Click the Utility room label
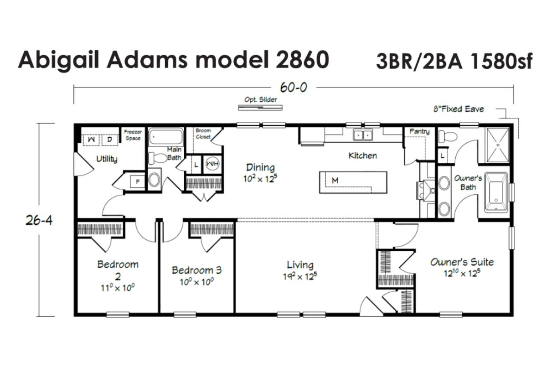[x=107, y=159]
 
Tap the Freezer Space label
[x=133, y=135]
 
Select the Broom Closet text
[x=203, y=134]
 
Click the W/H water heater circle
[x=212, y=163]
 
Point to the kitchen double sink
[x=363, y=135]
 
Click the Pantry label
[x=419, y=131]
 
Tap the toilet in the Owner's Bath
[x=448, y=136]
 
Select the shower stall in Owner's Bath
[x=498, y=145]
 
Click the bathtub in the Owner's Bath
[x=496, y=192]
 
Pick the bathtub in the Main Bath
[x=166, y=137]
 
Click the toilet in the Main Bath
[x=158, y=158]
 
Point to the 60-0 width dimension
[x=294, y=87]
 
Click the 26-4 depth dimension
[x=39, y=220]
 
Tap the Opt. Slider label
[x=261, y=99]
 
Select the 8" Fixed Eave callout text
[x=459, y=109]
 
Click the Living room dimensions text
[x=300, y=276]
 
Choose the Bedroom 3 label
[x=197, y=270]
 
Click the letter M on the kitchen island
[x=335, y=181]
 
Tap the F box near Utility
[x=138, y=181]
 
